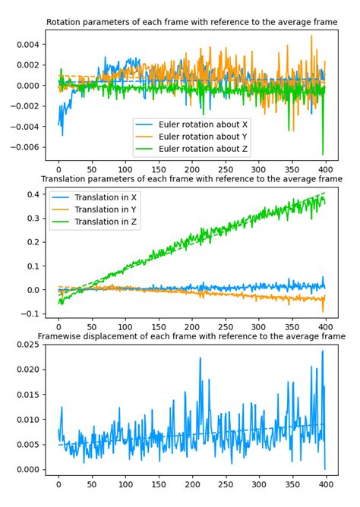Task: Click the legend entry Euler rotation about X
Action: tap(200, 123)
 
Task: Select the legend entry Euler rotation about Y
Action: tap(200, 136)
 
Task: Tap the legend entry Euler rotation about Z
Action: tap(200, 149)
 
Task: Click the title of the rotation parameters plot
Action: tap(191, 24)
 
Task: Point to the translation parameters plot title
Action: tap(191, 178)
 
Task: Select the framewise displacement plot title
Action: tap(191, 335)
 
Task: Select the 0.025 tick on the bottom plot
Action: tap(24, 345)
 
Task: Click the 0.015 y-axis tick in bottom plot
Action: tap(24, 395)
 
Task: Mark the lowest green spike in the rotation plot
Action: tap(323, 154)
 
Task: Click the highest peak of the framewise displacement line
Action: tap(322, 351)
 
